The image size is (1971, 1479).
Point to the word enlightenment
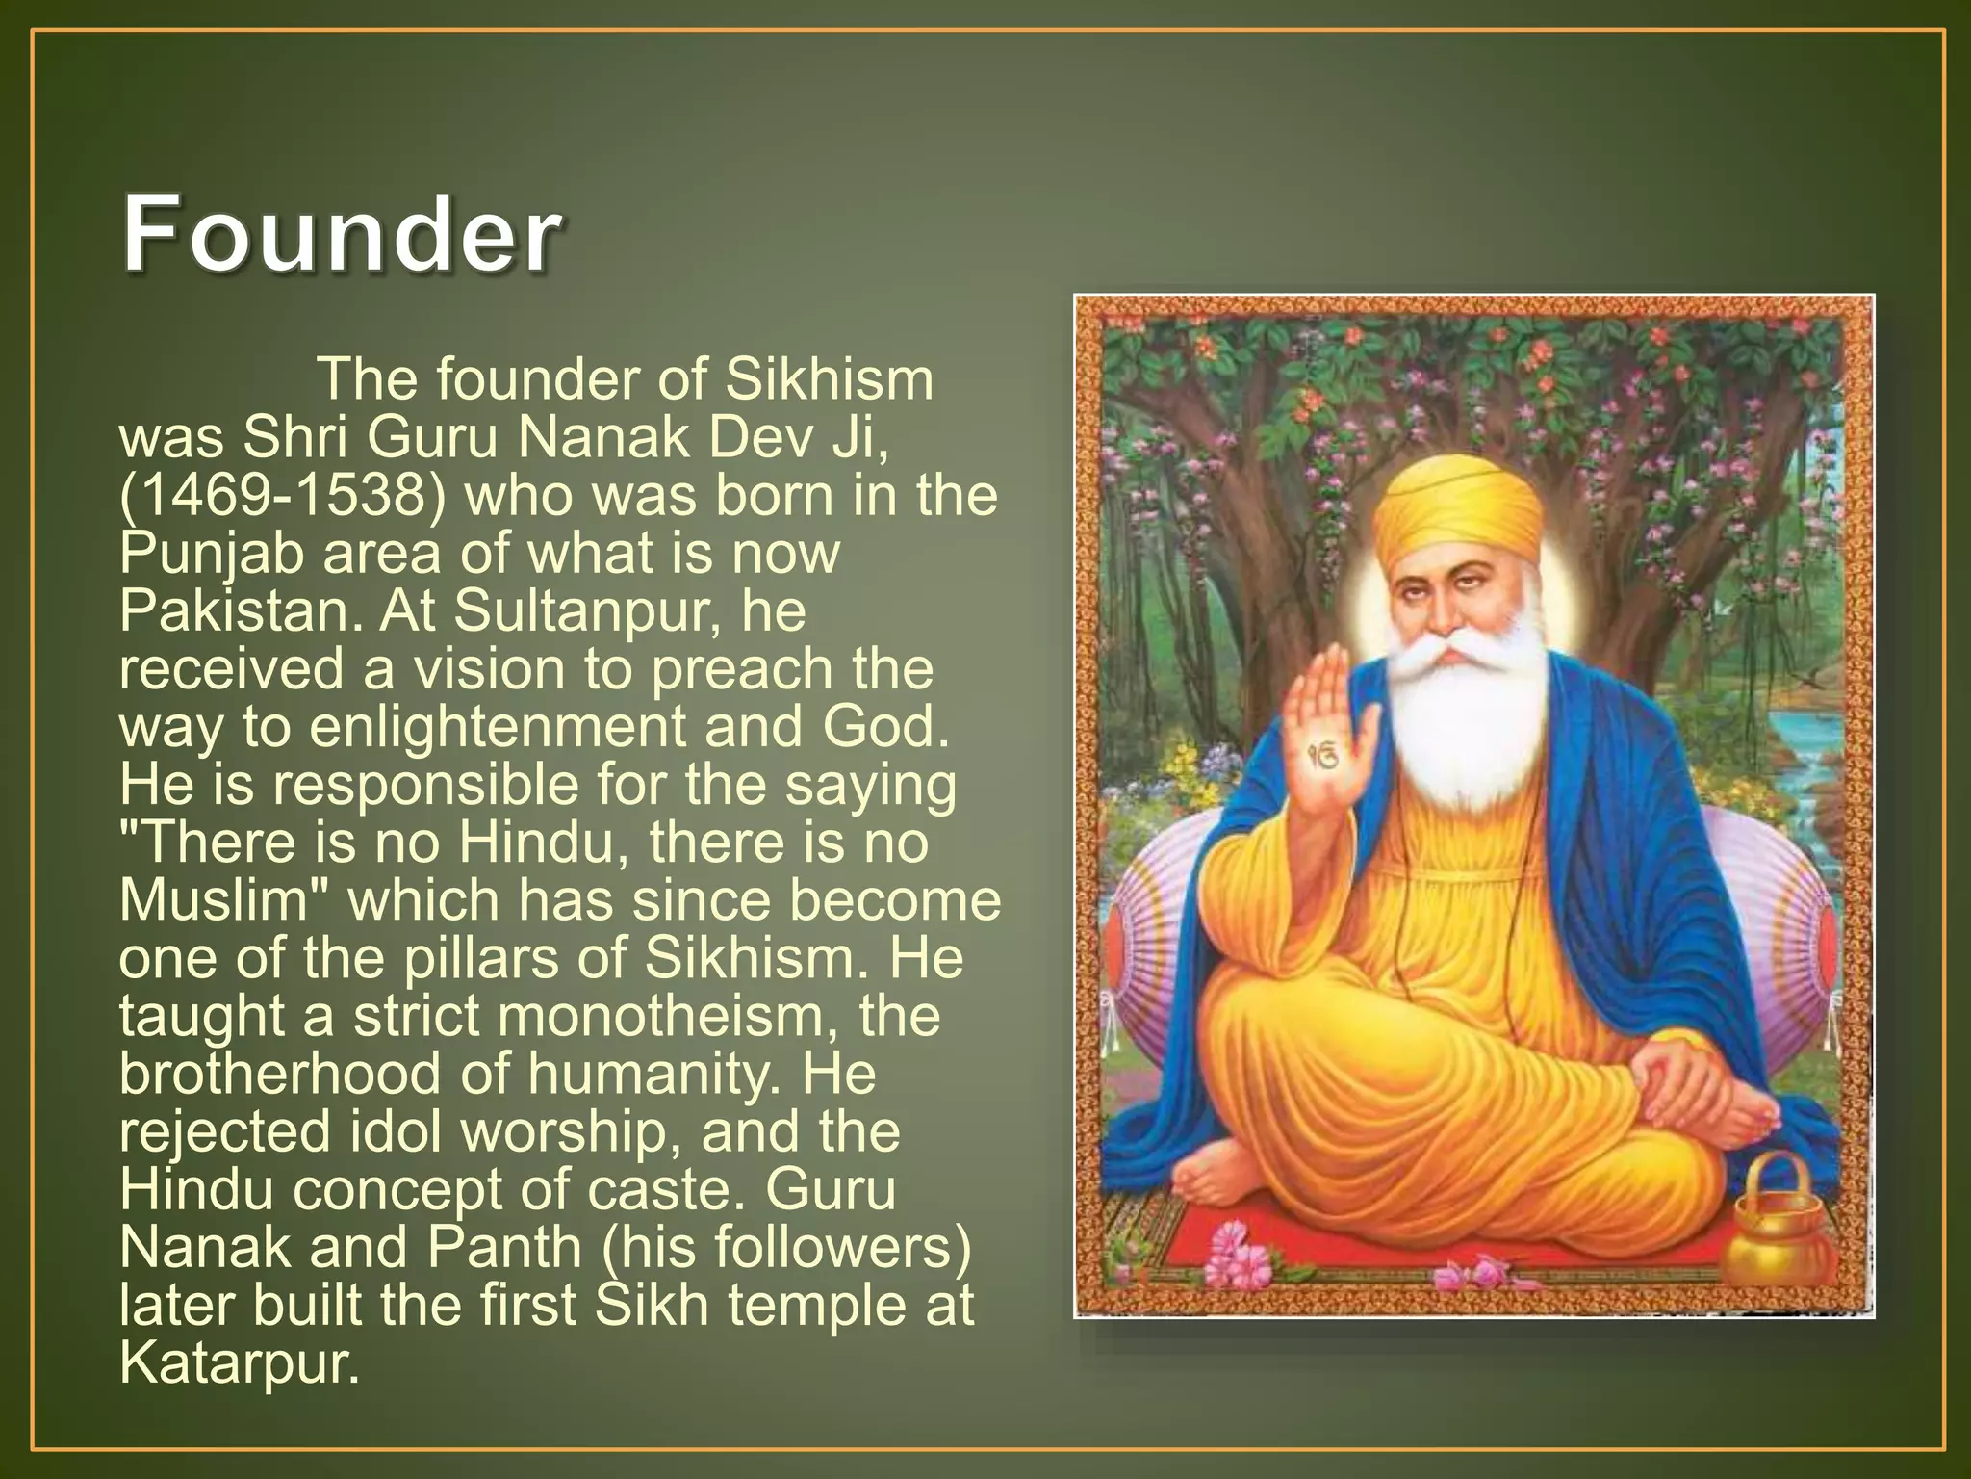point(499,727)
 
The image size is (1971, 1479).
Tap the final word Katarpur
point(240,1362)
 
